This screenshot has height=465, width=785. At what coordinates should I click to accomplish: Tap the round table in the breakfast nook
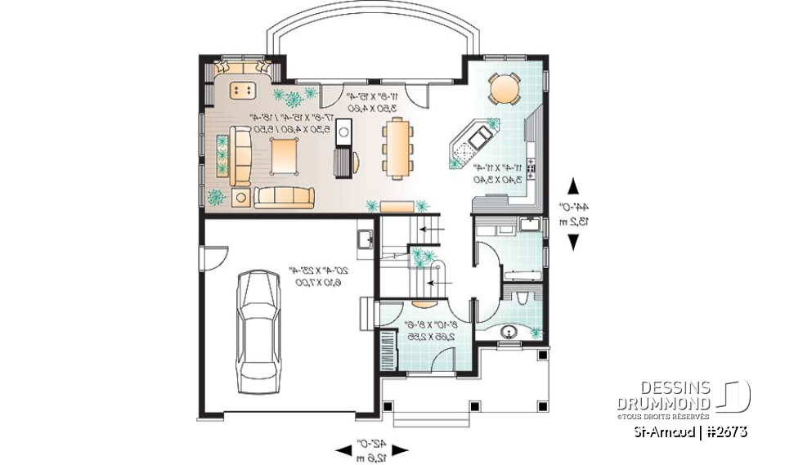click(x=504, y=87)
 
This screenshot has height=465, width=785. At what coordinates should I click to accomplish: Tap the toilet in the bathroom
click(x=521, y=294)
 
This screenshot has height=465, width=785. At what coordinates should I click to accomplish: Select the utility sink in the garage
click(x=366, y=239)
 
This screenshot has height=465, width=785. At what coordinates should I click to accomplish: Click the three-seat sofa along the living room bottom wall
click(x=284, y=197)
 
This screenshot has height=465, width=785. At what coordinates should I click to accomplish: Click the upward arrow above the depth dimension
click(x=574, y=186)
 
